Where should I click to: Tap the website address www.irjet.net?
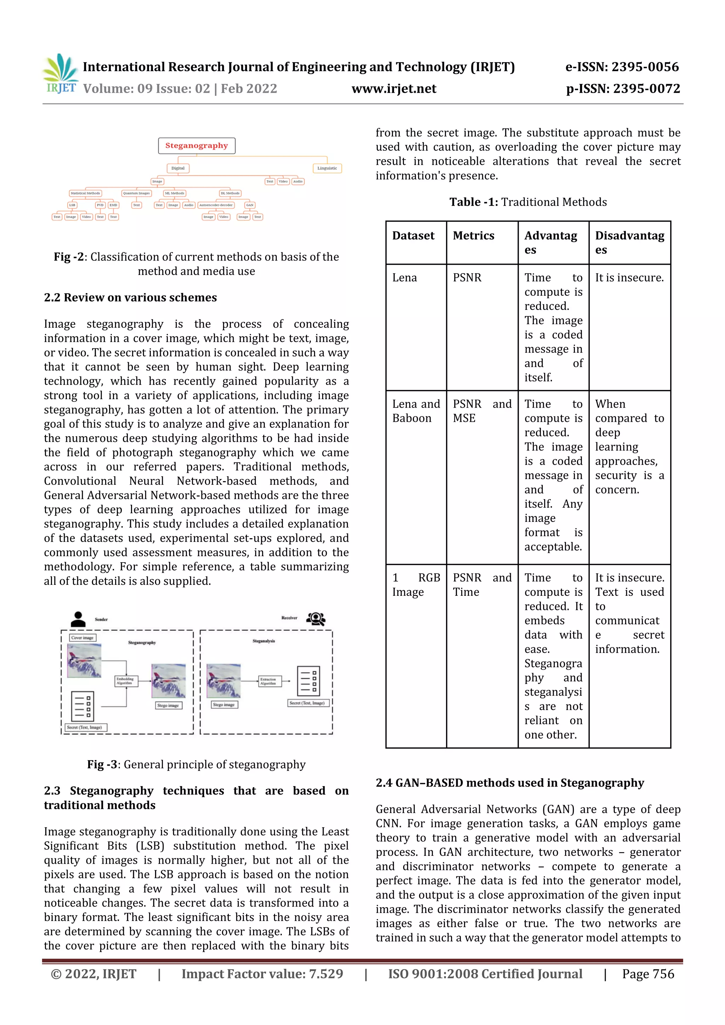(x=394, y=89)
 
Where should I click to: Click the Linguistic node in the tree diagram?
(x=327, y=168)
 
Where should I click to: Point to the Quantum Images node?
(x=136, y=193)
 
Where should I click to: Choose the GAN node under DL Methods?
(x=250, y=205)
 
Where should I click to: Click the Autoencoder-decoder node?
(x=216, y=205)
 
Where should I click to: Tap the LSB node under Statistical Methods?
(x=72, y=205)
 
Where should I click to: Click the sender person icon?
(x=78, y=619)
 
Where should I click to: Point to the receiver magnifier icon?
(x=316, y=619)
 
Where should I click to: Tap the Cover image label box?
(x=82, y=638)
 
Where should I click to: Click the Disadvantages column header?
(x=629, y=242)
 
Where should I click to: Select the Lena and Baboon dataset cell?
(x=416, y=411)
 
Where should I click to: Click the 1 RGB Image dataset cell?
(x=416, y=585)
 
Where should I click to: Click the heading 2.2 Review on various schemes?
(x=130, y=298)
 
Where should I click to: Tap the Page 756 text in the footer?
(x=648, y=974)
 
